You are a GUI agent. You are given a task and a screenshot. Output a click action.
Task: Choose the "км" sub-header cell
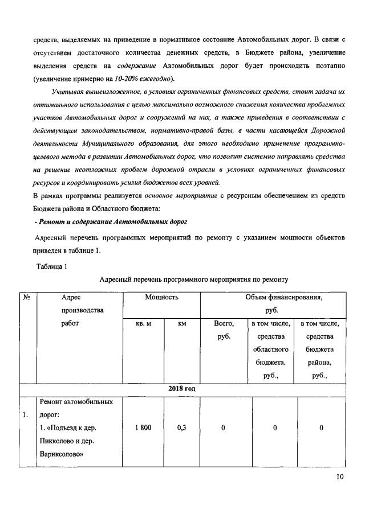pyautogui.click(x=182, y=323)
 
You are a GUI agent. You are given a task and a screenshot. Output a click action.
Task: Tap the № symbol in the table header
pyautogui.click(x=26, y=297)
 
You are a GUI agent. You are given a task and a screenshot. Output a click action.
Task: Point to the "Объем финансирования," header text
pyautogui.click(x=271, y=297)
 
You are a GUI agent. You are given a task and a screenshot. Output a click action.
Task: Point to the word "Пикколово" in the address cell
pyautogui.click(x=57, y=441)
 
